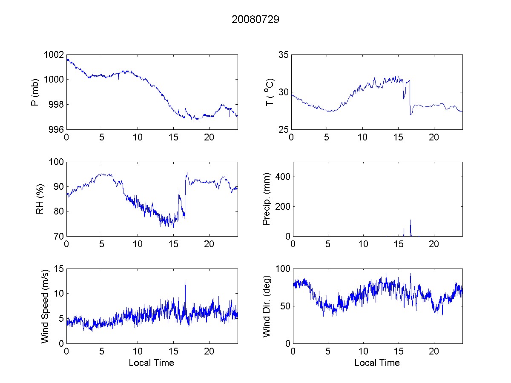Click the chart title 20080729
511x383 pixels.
[255, 20]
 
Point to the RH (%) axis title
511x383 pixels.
[40, 199]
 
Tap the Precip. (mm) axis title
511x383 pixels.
[267, 199]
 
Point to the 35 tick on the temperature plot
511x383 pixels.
[284, 55]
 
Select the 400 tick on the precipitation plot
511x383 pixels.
[281, 177]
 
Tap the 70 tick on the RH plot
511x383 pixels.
[58, 236]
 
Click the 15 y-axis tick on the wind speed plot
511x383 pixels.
[58, 269]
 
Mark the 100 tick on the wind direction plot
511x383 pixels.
[281, 269]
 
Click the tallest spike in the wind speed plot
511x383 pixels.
[185, 281]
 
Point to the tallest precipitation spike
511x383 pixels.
[411, 220]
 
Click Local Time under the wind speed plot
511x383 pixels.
[151, 363]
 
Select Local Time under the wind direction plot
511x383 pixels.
[377, 363]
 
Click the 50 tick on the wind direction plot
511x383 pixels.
[284, 306]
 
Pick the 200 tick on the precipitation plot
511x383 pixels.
[281, 206]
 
